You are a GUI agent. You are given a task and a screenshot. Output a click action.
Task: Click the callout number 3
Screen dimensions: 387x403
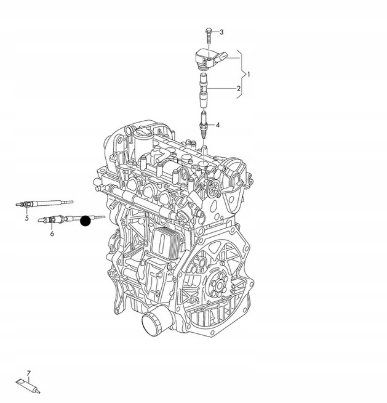[221, 32]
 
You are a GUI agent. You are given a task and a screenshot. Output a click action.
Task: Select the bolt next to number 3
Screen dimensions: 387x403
[208, 36]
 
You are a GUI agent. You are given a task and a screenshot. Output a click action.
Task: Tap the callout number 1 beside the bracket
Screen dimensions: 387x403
[249, 75]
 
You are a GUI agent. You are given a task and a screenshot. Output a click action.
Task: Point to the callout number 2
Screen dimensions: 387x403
[239, 88]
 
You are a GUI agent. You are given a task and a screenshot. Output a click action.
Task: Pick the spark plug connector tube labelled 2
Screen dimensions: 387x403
[204, 90]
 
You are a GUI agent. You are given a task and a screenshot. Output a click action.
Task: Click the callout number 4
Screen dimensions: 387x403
[218, 125]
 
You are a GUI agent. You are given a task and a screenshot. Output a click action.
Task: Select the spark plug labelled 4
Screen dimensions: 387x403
[204, 124]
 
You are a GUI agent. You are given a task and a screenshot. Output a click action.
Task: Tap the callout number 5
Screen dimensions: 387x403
[27, 219]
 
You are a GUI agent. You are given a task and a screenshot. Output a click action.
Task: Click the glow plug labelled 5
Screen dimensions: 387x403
[44, 203]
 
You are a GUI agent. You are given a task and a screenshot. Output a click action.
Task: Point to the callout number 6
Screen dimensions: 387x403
[52, 234]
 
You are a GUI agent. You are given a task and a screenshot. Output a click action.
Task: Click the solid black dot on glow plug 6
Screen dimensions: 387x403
[86, 221]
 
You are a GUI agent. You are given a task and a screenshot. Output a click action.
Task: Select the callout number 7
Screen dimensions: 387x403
[28, 373]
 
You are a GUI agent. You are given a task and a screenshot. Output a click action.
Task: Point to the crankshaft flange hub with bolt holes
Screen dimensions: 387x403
[218, 285]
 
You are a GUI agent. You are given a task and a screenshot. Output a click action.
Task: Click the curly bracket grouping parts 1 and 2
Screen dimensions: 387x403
[240, 75]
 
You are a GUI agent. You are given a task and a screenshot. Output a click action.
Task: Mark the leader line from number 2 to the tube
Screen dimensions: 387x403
[222, 88]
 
